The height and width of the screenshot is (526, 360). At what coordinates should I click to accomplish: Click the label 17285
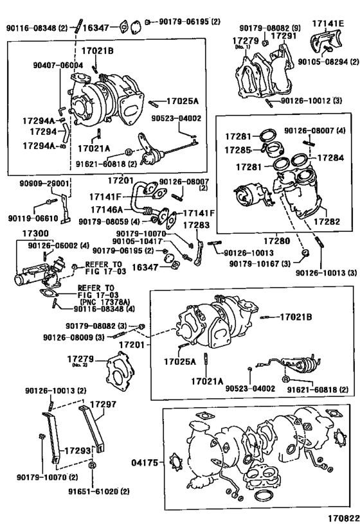tap(238, 150)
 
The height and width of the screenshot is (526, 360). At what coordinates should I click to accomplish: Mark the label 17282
tap(327, 220)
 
